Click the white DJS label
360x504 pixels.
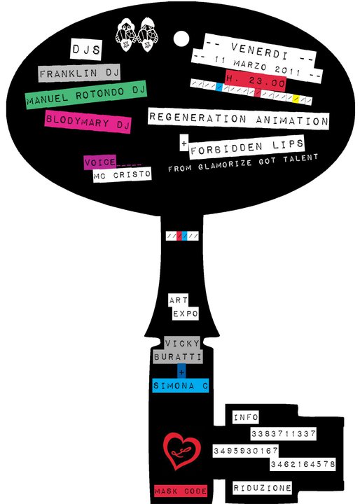86,50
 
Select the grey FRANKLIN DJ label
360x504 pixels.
79,73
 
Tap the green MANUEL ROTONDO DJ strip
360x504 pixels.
86,94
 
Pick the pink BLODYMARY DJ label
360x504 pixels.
88,122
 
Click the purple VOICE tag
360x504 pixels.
100,162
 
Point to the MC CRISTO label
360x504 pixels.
122,175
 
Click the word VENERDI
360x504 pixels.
259,51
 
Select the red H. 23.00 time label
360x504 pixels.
256,80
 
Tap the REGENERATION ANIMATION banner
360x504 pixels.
238,119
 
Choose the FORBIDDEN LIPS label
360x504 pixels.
247,147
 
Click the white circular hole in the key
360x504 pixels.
181,38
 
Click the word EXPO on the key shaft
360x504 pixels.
186,314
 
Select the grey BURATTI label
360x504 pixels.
178,357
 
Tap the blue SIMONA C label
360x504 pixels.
181,386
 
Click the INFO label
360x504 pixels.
246,417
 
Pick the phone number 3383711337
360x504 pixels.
283,434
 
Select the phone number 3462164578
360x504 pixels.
303,464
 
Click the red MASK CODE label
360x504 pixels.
181,491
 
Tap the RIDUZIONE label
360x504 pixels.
262,488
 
